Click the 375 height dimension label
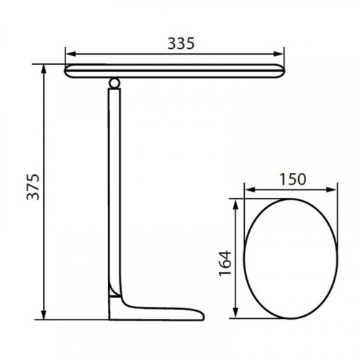33,188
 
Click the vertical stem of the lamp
115,187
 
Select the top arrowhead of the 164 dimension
235,204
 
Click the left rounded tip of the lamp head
67,71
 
